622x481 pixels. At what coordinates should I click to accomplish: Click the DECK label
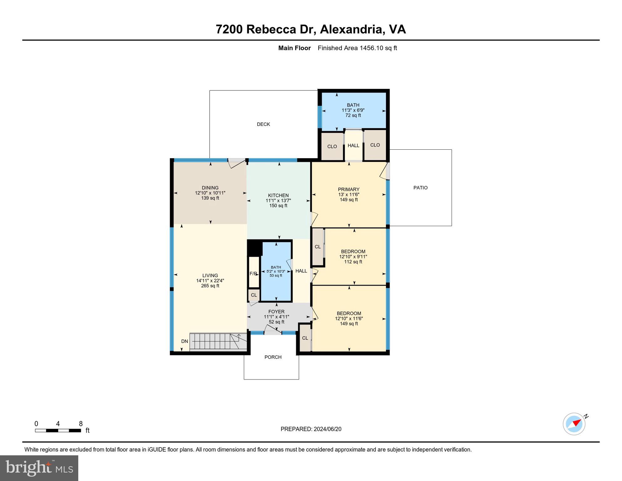click(x=263, y=124)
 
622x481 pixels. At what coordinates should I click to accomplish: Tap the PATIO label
click(x=420, y=188)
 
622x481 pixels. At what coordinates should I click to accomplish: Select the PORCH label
click(x=273, y=357)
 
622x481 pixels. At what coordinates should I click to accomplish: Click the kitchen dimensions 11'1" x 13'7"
click(x=278, y=200)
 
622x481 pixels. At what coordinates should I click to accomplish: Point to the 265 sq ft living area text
click(x=210, y=286)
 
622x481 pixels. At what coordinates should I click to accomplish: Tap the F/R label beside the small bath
click(x=253, y=274)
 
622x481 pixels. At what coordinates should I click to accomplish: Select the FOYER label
click(x=276, y=312)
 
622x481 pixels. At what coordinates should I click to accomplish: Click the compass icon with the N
click(x=574, y=424)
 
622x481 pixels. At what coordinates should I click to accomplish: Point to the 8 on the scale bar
click(x=81, y=424)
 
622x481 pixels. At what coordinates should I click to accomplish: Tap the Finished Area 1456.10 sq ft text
click(x=357, y=48)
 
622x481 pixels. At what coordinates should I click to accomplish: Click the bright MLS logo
click(x=39, y=468)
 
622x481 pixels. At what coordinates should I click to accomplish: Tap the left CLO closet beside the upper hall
click(x=332, y=147)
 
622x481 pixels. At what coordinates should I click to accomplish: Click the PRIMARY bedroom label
click(x=348, y=189)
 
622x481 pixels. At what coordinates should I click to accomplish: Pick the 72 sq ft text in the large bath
click(x=353, y=115)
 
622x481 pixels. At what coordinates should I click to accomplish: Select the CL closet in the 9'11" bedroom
click(x=318, y=247)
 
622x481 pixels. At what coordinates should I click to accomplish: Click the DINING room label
click(x=210, y=188)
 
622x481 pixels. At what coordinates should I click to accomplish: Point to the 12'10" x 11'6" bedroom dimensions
click(x=349, y=318)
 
